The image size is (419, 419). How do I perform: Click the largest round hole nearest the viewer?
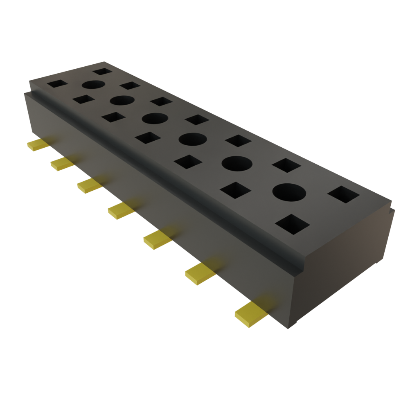click(289, 192)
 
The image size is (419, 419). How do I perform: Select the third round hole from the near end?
click(192, 139)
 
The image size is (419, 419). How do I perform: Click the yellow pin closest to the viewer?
click(250, 314)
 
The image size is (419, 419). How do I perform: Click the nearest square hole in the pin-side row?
click(292, 224)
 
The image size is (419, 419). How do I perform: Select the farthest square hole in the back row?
click(102, 72)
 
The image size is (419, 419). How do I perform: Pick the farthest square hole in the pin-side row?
click(57, 84)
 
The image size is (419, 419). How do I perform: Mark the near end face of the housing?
click(344, 266)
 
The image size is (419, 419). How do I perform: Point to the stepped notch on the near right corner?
click(390, 210)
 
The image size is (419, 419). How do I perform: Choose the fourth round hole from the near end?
click(155, 118)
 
